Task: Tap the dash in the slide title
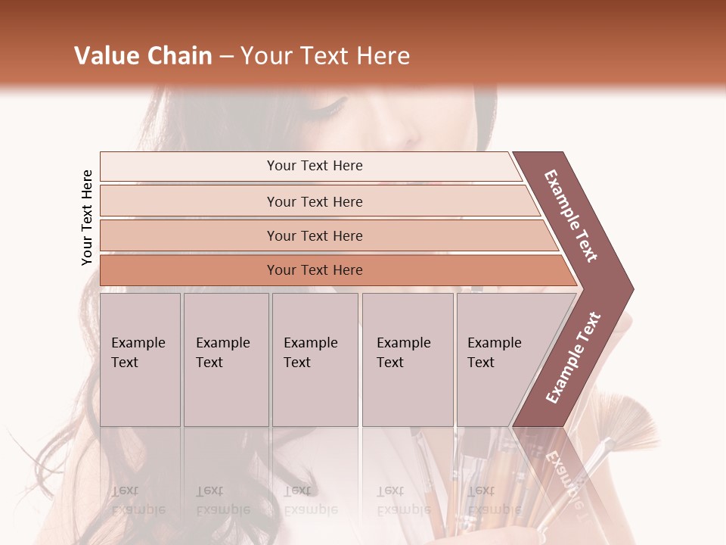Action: point(226,57)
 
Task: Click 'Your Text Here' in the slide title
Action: point(325,56)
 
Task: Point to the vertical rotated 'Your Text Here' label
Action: point(87,217)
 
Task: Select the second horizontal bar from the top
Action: point(314,201)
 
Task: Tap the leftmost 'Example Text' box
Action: point(140,360)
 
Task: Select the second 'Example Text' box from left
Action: point(225,360)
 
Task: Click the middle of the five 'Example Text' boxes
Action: point(315,360)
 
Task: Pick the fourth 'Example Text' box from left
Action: point(407,360)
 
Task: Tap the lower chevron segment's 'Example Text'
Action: point(573,358)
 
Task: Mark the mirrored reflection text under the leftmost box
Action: point(138,500)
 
